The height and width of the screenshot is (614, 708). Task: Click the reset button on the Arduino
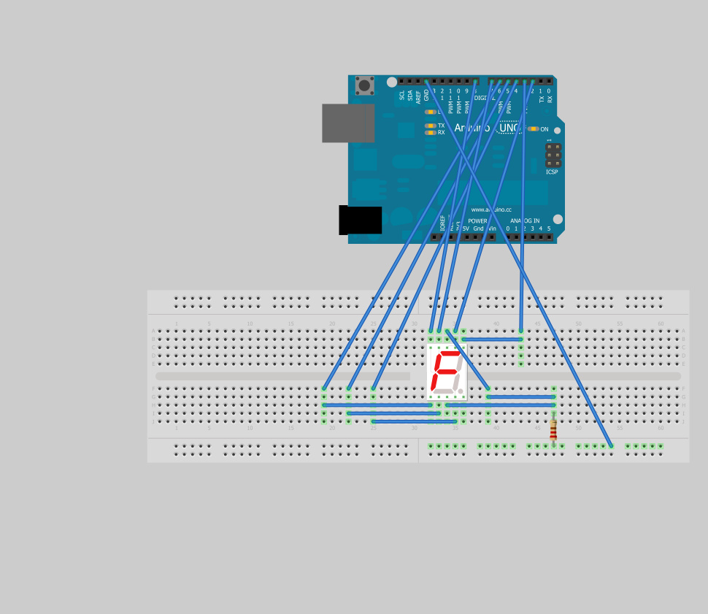tap(364, 85)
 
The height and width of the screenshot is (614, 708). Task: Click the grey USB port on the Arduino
tap(348, 123)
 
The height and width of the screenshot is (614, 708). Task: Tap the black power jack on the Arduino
tap(361, 220)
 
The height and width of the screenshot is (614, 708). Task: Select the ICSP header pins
tap(553, 155)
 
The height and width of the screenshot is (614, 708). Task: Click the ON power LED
tap(534, 129)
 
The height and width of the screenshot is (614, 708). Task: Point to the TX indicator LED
tap(431, 126)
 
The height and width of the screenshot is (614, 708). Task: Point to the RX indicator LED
tap(431, 133)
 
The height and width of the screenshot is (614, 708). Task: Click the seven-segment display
tap(447, 372)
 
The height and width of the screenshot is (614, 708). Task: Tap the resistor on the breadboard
tap(553, 430)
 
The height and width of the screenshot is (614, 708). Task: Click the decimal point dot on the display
tap(461, 391)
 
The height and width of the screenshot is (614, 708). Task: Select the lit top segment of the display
tap(447, 353)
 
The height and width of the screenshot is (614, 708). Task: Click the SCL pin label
tap(401, 96)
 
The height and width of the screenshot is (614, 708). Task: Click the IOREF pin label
tap(442, 222)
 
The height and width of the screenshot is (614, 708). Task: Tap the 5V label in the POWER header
tap(466, 229)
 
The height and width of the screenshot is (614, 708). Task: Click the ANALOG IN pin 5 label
tap(549, 229)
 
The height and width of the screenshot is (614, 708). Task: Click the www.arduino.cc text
tap(491, 210)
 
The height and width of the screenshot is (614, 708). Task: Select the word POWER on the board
tap(477, 220)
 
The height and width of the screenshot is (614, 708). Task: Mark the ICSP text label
tap(552, 172)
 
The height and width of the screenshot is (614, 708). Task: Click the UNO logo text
tap(509, 128)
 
